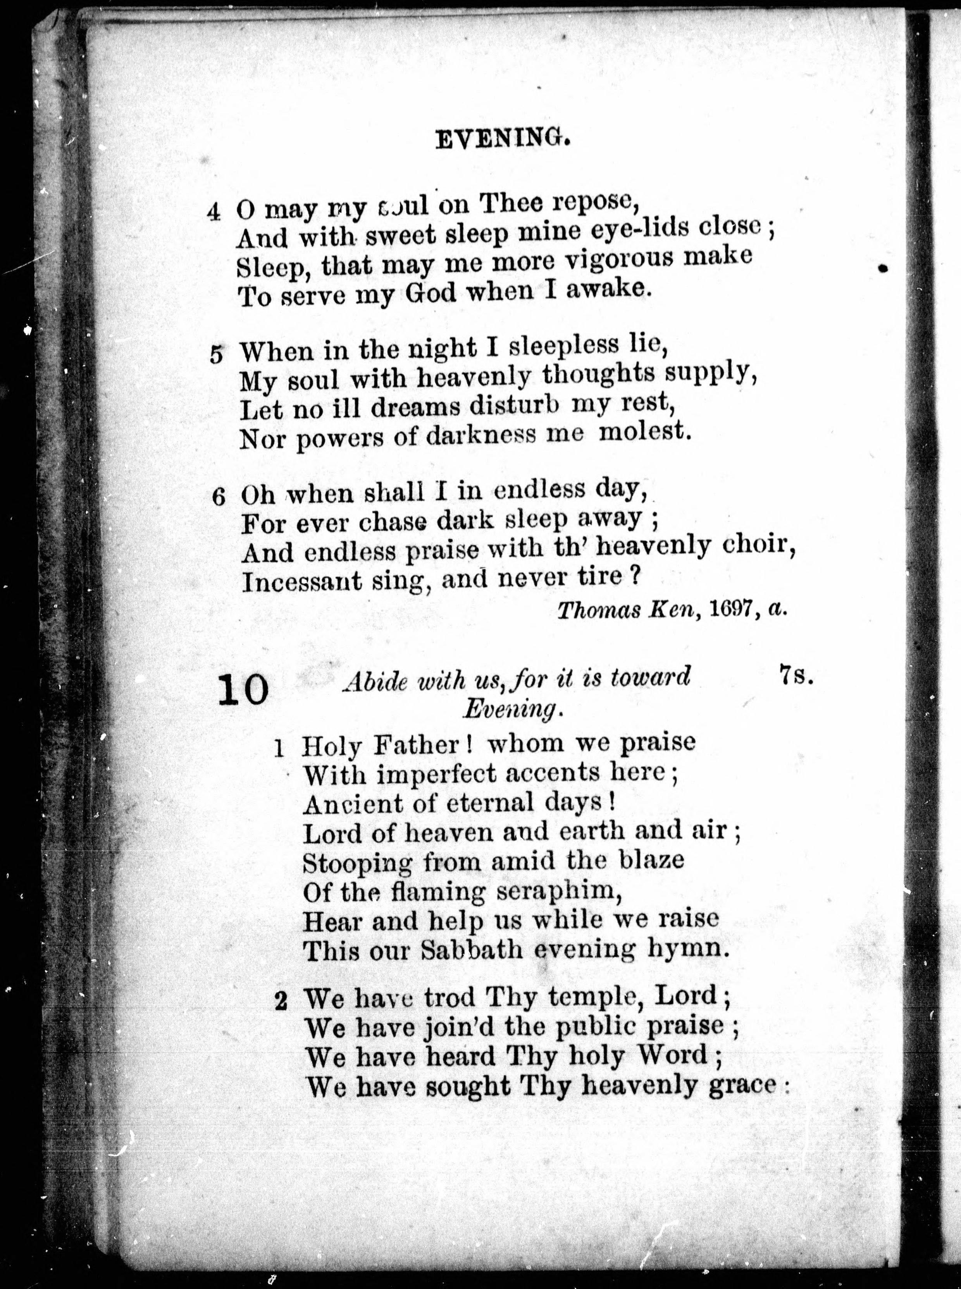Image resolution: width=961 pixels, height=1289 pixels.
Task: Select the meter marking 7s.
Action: coord(795,675)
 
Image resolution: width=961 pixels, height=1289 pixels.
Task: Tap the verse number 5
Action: coord(216,355)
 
